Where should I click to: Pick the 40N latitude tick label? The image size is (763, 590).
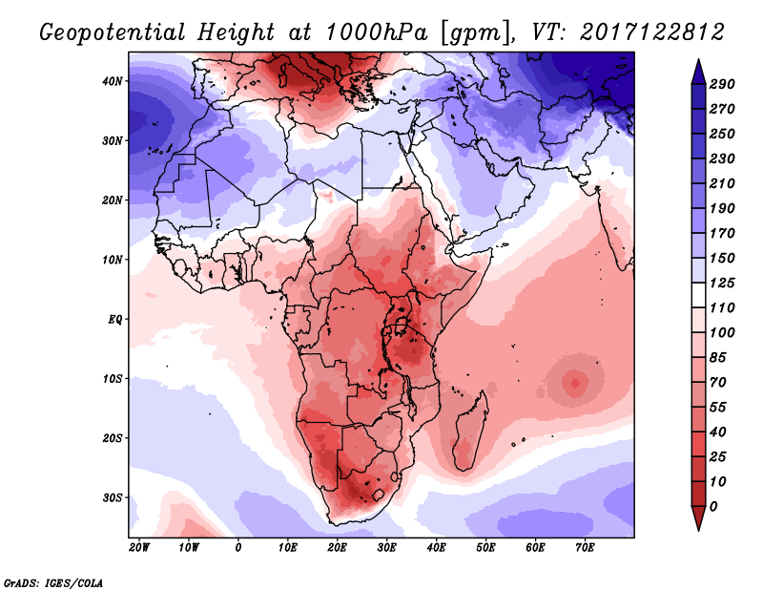click(113, 81)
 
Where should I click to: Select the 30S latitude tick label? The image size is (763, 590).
click(113, 497)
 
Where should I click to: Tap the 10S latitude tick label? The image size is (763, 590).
click(113, 379)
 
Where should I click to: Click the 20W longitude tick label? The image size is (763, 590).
click(139, 548)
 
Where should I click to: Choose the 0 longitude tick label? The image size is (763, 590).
click(237, 548)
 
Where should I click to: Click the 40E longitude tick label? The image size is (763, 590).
click(436, 548)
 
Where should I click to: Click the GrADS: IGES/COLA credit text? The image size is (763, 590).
click(53, 581)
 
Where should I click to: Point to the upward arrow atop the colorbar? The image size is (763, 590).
click(698, 68)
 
